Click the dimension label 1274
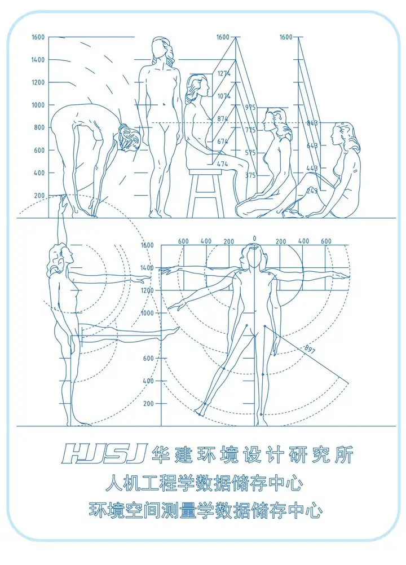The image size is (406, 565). pyautogui.click(x=224, y=73)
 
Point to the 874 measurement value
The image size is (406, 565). pyautogui.click(x=224, y=119)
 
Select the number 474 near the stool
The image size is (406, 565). pyautogui.click(x=222, y=164)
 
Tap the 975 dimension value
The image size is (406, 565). pyautogui.click(x=250, y=107)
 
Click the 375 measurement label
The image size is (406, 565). pyautogui.click(x=250, y=175)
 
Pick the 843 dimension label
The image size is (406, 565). pyautogui.click(x=312, y=122)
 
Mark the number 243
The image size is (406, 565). pyautogui.click(x=312, y=191)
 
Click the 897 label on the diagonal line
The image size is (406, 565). pyautogui.click(x=309, y=350)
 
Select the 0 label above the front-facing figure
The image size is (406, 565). pyautogui.click(x=254, y=239)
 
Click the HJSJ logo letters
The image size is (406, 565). pyautogui.click(x=104, y=453)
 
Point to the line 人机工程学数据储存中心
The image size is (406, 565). pyautogui.click(x=205, y=483)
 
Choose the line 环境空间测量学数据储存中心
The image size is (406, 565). pyautogui.click(x=205, y=511)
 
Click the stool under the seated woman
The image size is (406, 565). pyautogui.click(x=206, y=192)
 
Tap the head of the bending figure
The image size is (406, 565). pyautogui.click(x=129, y=139)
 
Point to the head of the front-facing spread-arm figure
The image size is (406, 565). pyautogui.click(x=249, y=255)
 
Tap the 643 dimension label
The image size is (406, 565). pyautogui.click(x=312, y=145)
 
